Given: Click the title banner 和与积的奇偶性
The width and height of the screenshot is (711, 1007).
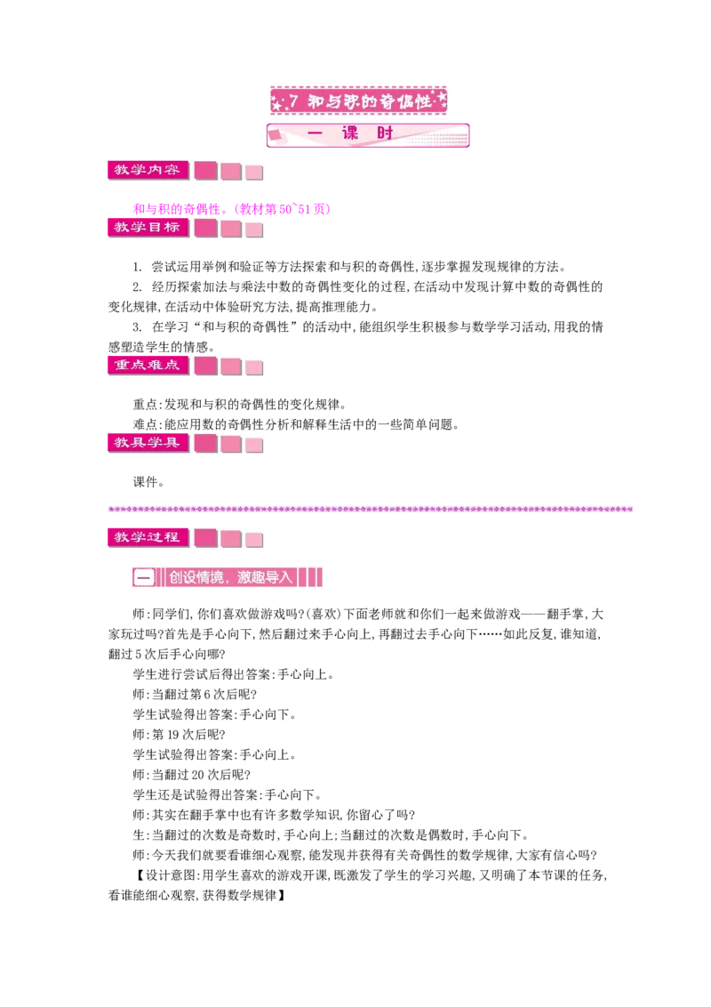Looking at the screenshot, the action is pos(359,101).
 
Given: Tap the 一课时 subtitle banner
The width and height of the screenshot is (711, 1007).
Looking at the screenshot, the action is pos(368,135).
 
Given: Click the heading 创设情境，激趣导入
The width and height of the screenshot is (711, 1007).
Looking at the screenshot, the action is pos(230,577).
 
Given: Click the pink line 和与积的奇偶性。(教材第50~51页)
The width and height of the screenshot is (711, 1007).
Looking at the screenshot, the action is pos(232,209).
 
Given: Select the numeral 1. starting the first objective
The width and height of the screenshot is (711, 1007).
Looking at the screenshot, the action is pos(138,267).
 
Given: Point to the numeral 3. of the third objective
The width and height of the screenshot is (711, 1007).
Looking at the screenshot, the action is pos(138,327).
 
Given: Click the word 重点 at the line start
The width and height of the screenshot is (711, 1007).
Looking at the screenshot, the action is pos(145,405).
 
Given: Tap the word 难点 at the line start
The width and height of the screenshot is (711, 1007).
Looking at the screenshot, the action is pos(145,424).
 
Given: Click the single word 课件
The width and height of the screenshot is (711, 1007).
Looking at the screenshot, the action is pos(145,482).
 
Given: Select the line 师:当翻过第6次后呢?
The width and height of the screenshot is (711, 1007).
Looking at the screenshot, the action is pos(195,695).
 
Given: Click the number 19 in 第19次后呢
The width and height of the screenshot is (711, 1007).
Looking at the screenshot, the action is pos(173,735).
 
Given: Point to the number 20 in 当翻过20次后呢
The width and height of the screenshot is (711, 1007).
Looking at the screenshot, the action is pos(198,775).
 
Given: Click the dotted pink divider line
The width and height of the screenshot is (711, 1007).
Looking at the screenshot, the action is pos(371,509).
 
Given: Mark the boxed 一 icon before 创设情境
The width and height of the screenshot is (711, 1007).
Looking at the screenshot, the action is pos(144,577).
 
